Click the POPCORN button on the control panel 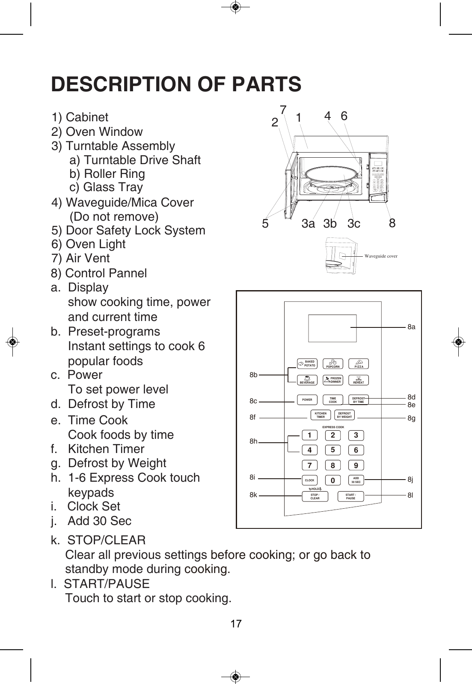(332, 364)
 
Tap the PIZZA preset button (359, 364)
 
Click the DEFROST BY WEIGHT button (344, 415)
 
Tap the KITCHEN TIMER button (321, 415)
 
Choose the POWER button (307, 400)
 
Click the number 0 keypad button (332, 481)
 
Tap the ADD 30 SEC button (356, 480)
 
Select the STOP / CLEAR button (315, 497)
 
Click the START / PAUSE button (350, 497)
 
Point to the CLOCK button (309, 480)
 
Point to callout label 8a (411, 327)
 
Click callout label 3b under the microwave (330, 224)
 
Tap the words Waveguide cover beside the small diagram (381, 256)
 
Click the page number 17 (236, 624)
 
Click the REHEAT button (359, 380)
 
